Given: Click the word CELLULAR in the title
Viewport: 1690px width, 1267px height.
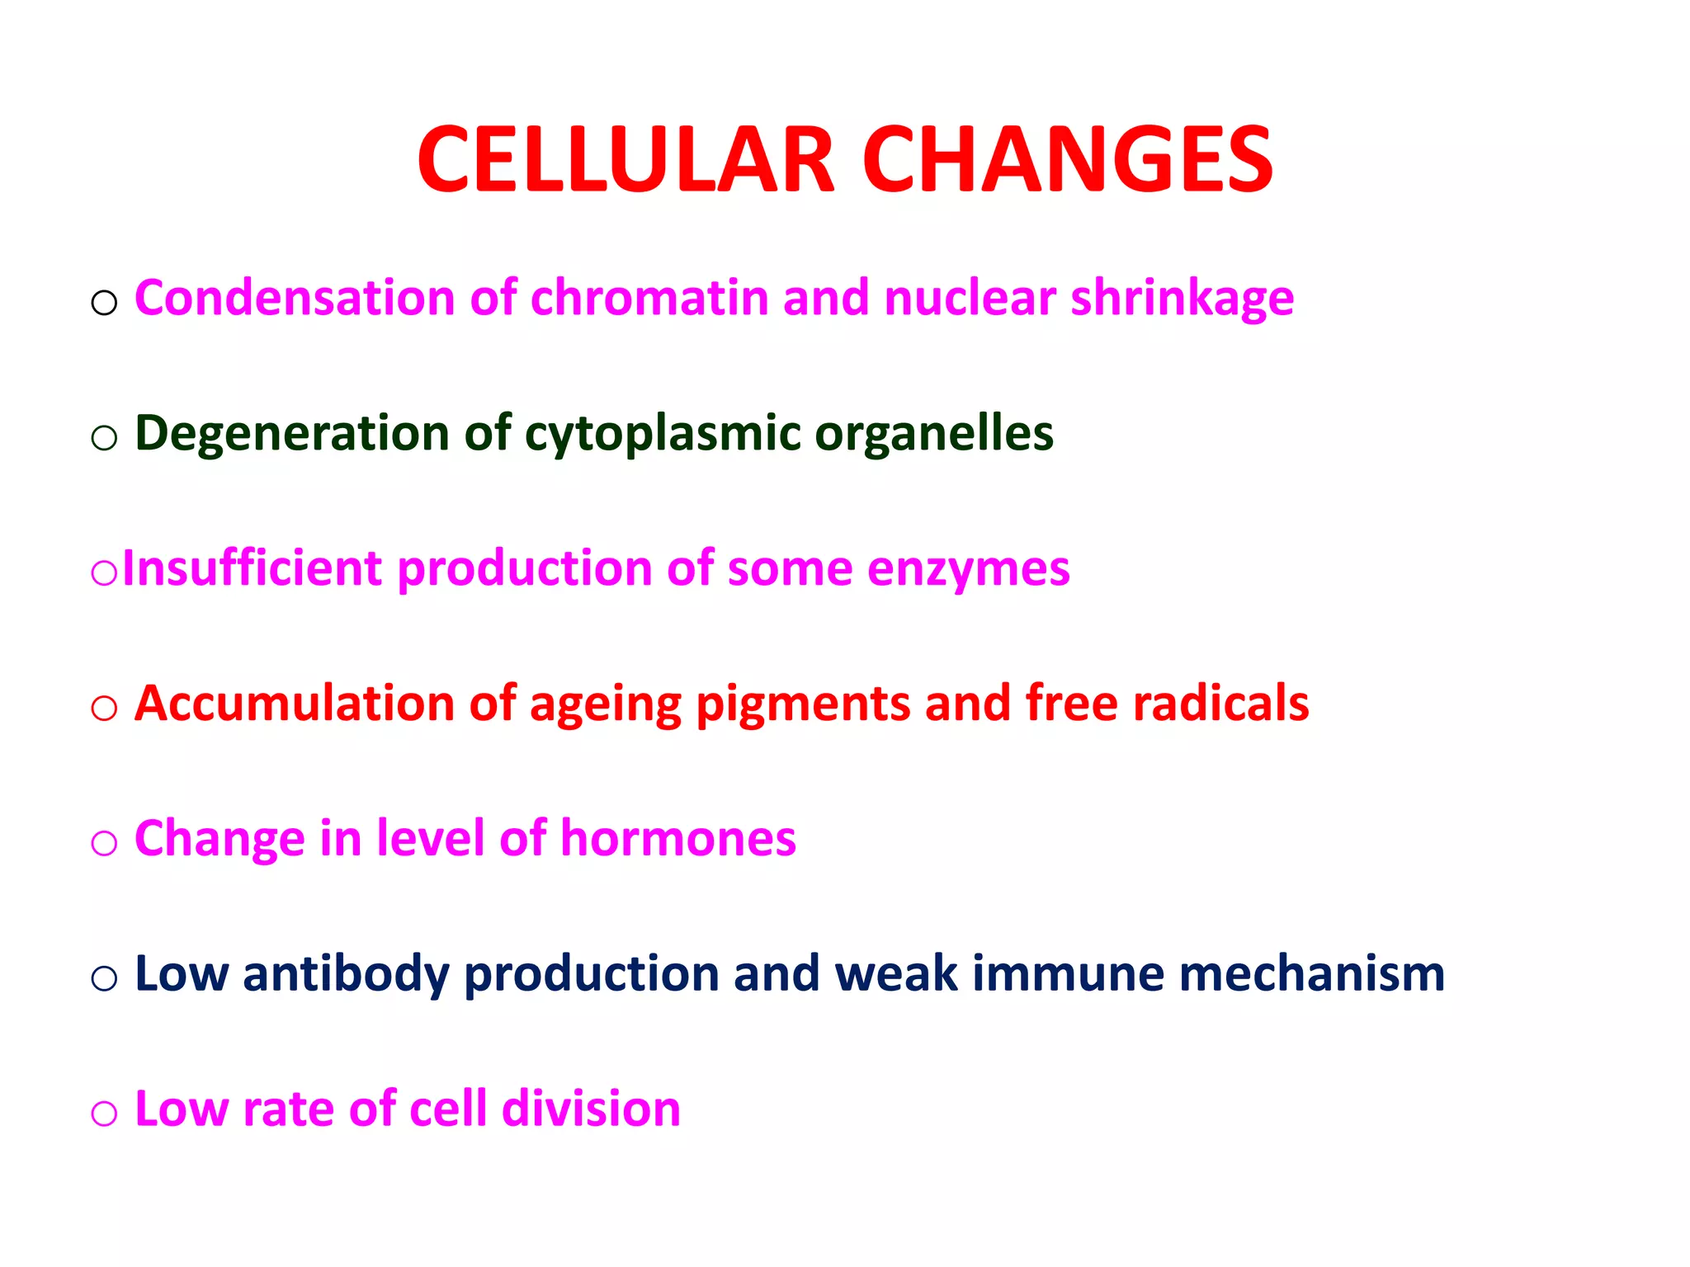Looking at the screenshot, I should (x=625, y=160).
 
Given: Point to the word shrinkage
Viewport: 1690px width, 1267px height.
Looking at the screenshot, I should (x=1182, y=299).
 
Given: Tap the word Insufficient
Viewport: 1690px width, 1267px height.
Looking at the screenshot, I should (x=253, y=568).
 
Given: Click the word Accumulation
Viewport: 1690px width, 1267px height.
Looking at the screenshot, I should (x=294, y=704).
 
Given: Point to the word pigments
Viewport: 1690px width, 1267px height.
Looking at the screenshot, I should (x=802, y=705).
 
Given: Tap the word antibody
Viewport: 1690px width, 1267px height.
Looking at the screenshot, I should (x=346, y=974).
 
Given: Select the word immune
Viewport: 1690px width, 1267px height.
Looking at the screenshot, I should (x=1067, y=974).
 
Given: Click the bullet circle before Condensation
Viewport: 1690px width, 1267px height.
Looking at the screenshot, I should (x=104, y=304).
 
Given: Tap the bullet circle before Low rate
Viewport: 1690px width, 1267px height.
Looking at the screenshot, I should (x=104, y=1114).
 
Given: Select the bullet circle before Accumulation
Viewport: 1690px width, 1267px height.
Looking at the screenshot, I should (x=104, y=709).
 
